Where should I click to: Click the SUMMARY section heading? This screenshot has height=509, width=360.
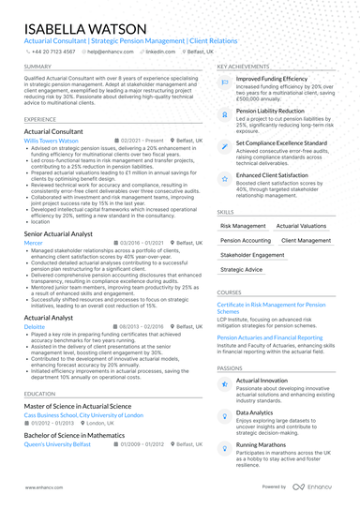[37, 67]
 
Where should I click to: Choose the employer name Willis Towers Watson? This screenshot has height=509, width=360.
[52, 140]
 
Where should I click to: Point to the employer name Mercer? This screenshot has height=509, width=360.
[33, 242]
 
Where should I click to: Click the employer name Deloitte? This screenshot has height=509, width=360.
[35, 326]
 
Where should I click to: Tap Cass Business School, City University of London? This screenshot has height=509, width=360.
[83, 414]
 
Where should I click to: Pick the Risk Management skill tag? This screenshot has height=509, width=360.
[243, 226]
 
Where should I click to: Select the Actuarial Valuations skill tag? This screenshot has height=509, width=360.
[301, 226]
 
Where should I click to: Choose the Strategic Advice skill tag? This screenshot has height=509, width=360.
[242, 269]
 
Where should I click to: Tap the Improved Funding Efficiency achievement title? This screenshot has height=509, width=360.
[272, 79]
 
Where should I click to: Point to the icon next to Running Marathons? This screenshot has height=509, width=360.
[225, 445]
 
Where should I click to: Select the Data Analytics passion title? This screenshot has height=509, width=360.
[255, 412]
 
